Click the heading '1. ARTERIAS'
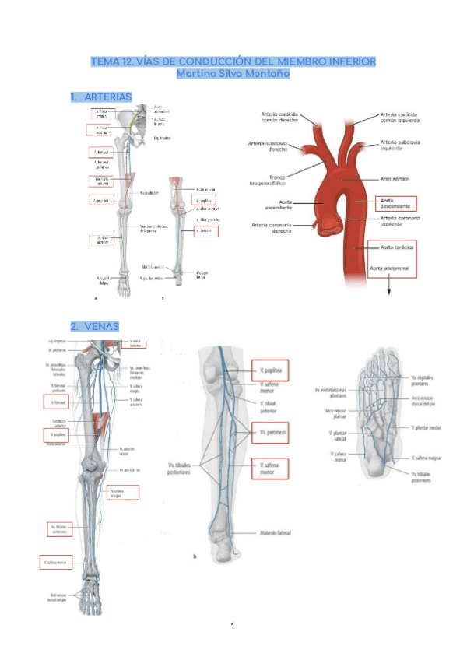[x=100, y=97]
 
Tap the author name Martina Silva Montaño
[x=233, y=74]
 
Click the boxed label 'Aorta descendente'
[x=395, y=204]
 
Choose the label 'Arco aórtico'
[x=396, y=180]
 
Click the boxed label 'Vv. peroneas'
[x=270, y=433]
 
